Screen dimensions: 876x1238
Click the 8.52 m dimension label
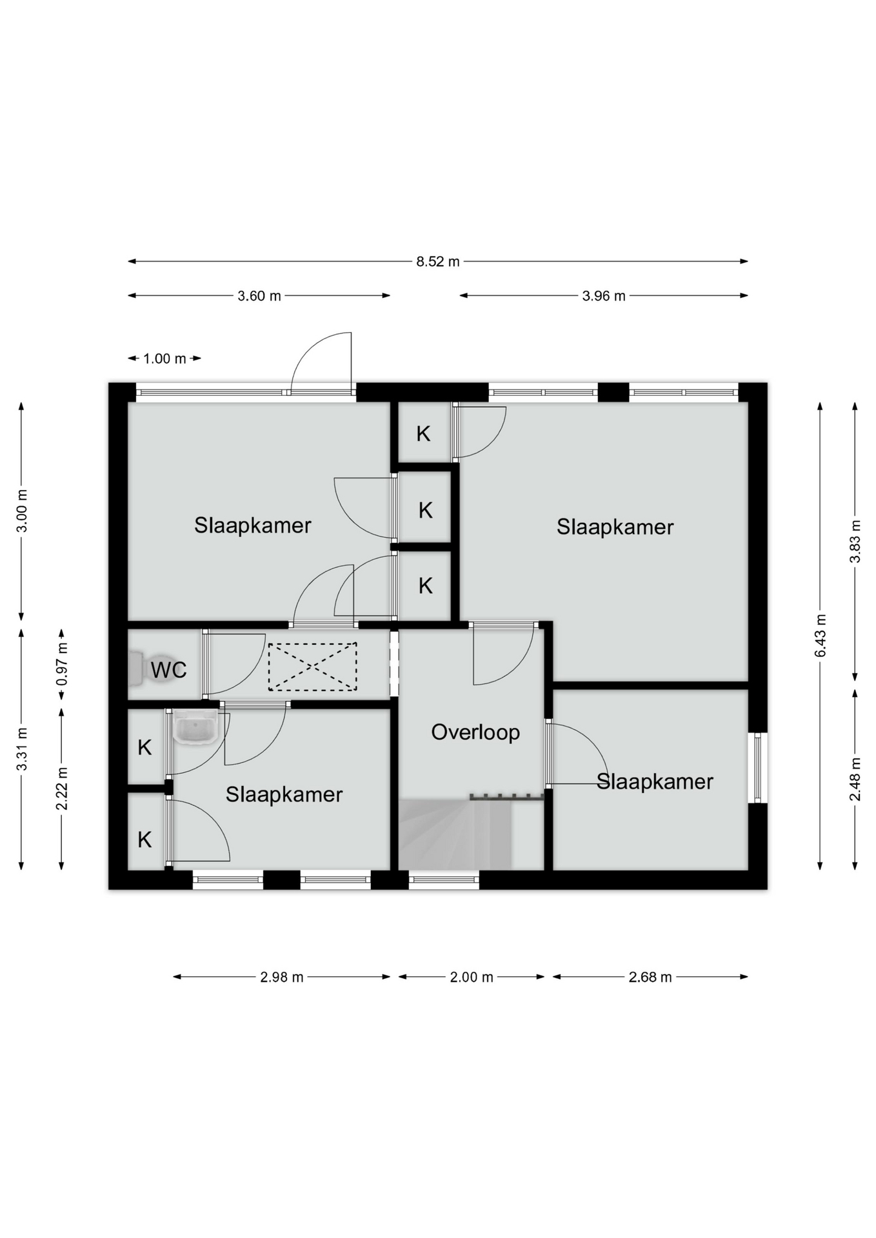pyautogui.click(x=438, y=262)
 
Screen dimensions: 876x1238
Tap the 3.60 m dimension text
pyautogui.click(x=259, y=296)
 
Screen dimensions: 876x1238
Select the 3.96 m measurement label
pyautogui.click(x=604, y=296)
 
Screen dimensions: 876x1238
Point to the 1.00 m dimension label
pyautogui.click(x=164, y=359)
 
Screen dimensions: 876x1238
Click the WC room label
pyautogui.click(x=169, y=670)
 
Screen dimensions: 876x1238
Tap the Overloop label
pyautogui.click(x=475, y=732)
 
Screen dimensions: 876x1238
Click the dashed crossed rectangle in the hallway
pyautogui.click(x=312, y=667)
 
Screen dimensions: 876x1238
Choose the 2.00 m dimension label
pyautogui.click(x=472, y=978)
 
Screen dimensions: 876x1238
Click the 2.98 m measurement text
pyautogui.click(x=282, y=978)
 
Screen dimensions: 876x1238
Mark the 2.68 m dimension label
pyautogui.click(x=650, y=978)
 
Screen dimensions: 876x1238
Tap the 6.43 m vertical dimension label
pyautogui.click(x=821, y=636)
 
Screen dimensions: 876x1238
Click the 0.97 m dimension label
pyautogui.click(x=62, y=664)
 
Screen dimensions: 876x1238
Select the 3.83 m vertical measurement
pyautogui.click(x=855, y=541)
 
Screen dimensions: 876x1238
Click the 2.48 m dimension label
pyautogui.click(x=855, y=779)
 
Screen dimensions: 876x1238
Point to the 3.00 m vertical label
pyautogui.click(x=22, y=511)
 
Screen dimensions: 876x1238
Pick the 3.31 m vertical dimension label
pyautogui.click(x=22, y=749)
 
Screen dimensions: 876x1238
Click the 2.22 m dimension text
pyautogui.click(x=62, y=789)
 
